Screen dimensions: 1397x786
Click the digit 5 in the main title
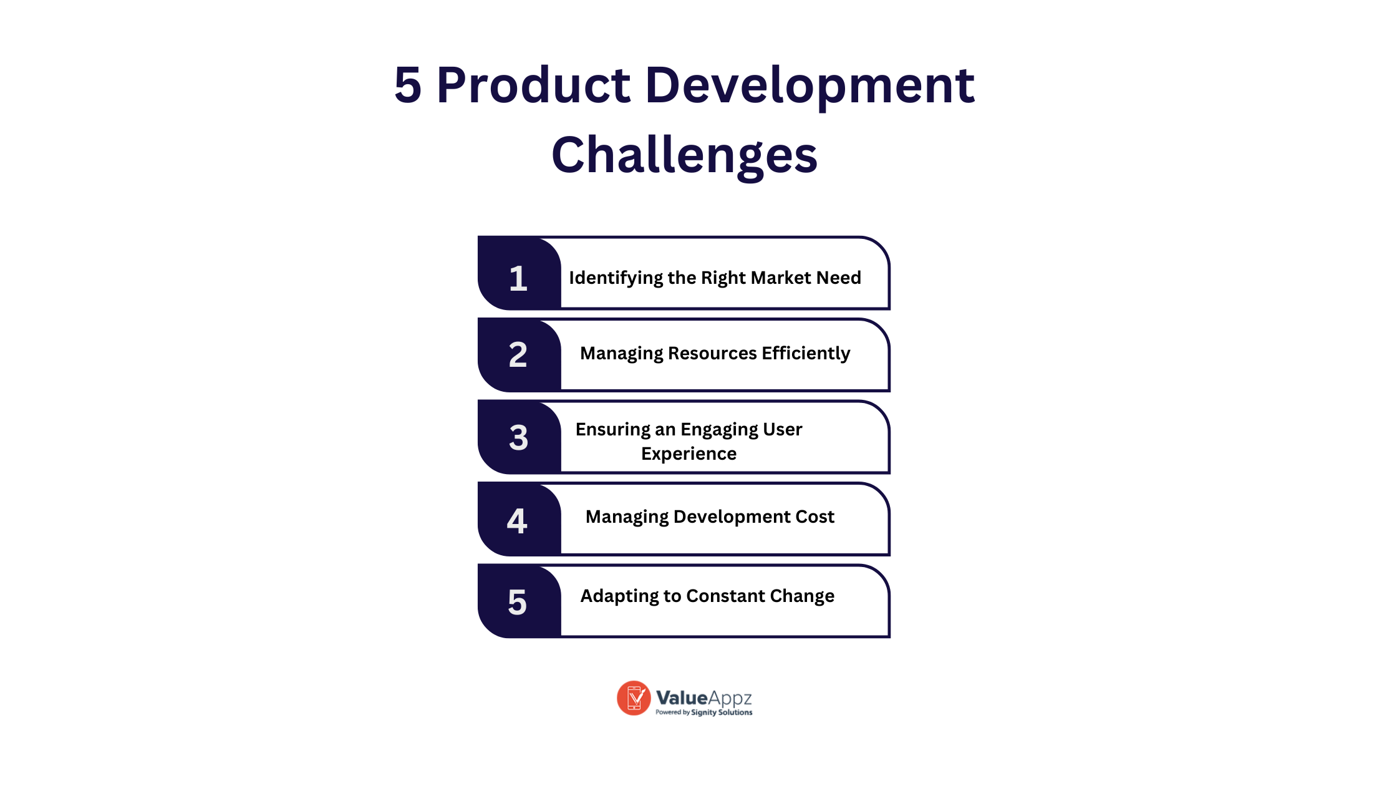tap(408, 85)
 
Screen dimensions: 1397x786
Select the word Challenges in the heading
tap(685, 156)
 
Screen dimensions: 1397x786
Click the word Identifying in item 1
tap(616, 278)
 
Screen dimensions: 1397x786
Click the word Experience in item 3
tap(689, 454)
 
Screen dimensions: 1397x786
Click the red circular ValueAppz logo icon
tap(634, 698)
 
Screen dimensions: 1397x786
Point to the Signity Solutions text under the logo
tap(722, 712)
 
